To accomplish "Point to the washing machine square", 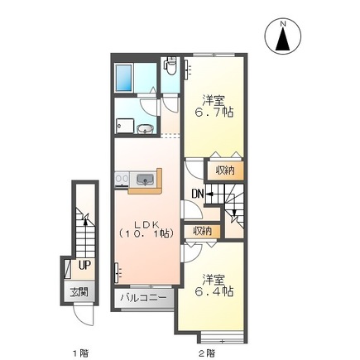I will [124, 124].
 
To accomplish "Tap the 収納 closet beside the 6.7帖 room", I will [225, 170].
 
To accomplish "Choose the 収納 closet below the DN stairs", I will [201, 231].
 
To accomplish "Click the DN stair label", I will [198, 194].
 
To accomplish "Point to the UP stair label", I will [84, 266].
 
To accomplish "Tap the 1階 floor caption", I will [79, 353].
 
